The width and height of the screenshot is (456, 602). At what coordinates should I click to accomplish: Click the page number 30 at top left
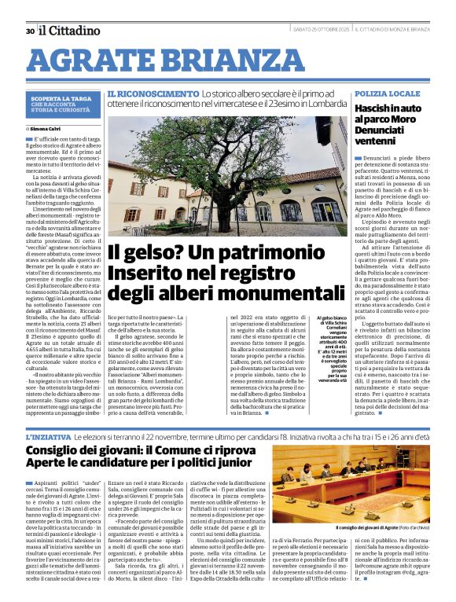[29, 31]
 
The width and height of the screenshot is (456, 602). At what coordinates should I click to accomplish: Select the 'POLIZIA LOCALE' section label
[388, 94]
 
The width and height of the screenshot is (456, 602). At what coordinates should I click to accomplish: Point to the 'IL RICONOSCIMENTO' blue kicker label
[142, 94]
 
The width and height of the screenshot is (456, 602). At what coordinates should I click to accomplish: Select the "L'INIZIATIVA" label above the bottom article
[49, 436]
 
